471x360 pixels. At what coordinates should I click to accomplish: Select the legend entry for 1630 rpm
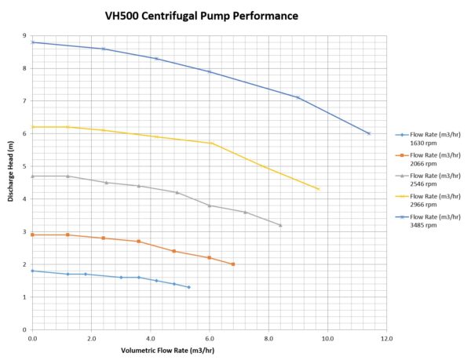coord(429,138)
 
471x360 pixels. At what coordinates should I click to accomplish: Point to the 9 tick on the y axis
coord(25,35)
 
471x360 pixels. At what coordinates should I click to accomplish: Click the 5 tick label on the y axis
coord(25,166)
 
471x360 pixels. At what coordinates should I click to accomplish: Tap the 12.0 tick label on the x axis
coord(387,339)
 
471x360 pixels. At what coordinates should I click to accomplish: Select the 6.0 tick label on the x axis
coord(210,339)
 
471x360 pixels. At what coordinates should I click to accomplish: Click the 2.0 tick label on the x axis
coord(91,339)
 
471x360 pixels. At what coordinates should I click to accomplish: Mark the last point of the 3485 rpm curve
coord(369,133)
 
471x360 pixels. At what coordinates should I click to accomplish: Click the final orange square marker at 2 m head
coord(233,264)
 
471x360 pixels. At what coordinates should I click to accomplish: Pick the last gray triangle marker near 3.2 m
coord(280,225)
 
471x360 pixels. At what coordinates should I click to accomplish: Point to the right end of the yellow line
coord(319,189)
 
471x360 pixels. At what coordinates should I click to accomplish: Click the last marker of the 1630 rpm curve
coord(188,287)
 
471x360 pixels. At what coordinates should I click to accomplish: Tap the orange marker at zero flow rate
coord(32,235)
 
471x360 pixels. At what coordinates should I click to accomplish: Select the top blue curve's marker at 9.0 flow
coord(298,97)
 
